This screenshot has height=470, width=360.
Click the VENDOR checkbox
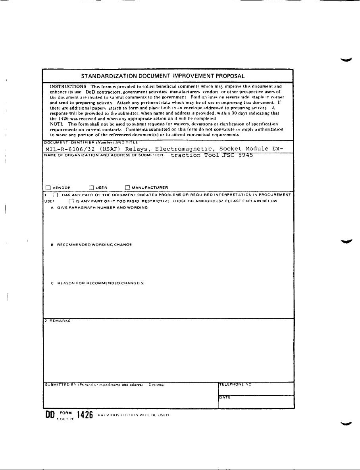[x=48, y=188]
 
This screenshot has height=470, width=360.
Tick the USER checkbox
[x=91, y=188]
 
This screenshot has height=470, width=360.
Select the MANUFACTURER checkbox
[x=127, y=188]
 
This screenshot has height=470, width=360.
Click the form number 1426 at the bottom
[x=85, y=416]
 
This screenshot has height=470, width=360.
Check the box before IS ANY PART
[x=71, y=201]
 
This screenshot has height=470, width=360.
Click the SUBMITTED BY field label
[x=60, y=385]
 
